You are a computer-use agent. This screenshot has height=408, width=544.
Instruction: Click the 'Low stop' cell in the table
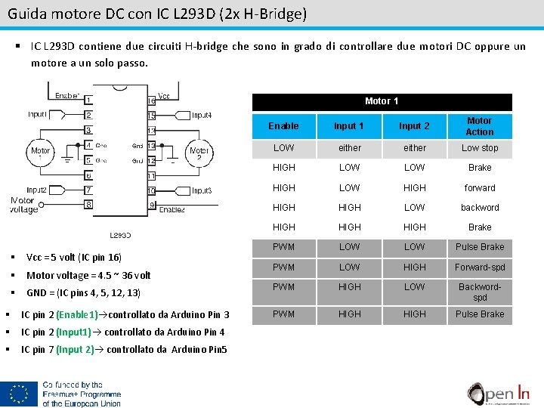pyautogui.click(x=479, y=148)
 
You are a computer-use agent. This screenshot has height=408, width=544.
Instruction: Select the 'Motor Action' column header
pyautogui.click(x=479, y=126)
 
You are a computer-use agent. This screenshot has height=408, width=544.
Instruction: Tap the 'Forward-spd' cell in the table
pyautogui.click(x=479, y=267)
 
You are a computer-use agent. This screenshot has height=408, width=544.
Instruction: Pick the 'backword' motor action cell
pyautogui.click(x=479, y=207)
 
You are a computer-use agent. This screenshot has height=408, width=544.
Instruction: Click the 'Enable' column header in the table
pyautogui.click(x=283, y=126)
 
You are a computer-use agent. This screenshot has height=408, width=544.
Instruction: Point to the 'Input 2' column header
pyautogui.click(x=414, y=126)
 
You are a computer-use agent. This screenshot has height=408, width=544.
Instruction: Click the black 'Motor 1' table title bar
pyautogui.click(x=382, y=101)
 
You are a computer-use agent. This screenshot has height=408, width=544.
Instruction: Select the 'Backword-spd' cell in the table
pyautogui.click(x=479, y=292)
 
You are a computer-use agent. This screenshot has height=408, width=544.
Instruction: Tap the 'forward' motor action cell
pyautogui.click(x=479, y=187)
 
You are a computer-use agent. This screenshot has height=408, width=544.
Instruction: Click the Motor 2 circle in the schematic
pyautogui.click(x=199, y=154)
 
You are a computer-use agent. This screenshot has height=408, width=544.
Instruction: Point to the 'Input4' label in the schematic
pyautogui.click(x=202, y=116)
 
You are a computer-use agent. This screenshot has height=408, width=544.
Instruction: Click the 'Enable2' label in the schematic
pyautogui.click(x=172, y=209)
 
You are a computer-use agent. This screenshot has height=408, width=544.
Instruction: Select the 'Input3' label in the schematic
pyautogui.click(x=202, y=190)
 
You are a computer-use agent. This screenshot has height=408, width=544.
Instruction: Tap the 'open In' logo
pyautogui.click(x=498, y=393)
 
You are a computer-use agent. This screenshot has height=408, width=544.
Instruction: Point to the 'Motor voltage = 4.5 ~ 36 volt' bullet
pyautogui.click(x=88, y=276)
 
